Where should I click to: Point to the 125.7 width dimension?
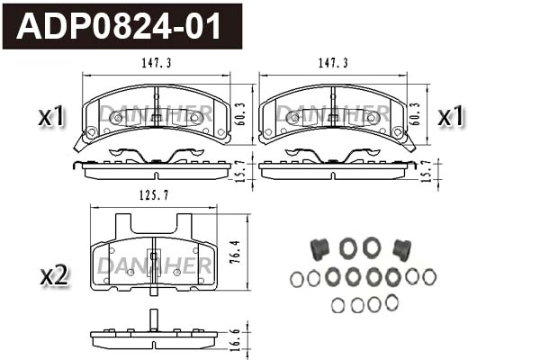click(x=153, y=195)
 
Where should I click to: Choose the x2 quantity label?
click(x=53, y=275)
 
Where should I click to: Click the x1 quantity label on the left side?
click(x=52, y=116)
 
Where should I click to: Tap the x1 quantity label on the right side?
click(x=449, y=116)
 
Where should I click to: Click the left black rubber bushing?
click(x=318, y=247)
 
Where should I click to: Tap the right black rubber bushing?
click(x=402, y=247)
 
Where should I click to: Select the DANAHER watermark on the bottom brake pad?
click(x=154, y=265)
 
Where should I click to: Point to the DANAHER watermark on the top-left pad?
click(x=155, y=112)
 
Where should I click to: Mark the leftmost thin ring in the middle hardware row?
click(x=297, y=278)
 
